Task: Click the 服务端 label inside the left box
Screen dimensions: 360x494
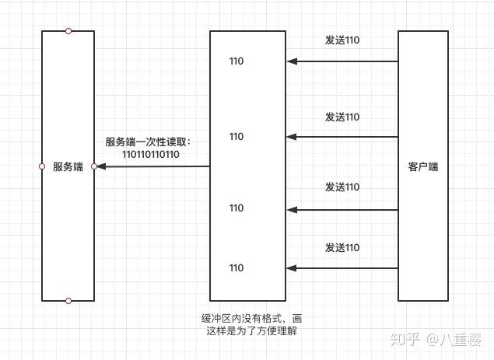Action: (68, 166)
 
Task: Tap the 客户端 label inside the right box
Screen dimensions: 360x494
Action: (422, 166)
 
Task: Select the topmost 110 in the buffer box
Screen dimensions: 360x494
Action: (236, 61)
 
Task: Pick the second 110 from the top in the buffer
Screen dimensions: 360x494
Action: (236, 137)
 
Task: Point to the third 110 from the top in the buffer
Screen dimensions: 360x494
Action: (236, 208)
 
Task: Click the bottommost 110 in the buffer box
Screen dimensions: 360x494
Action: (236, 267)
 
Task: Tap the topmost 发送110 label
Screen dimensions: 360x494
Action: (342, 40)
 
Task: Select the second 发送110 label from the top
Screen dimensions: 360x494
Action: (342, 117)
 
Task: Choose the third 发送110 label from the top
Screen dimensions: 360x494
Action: (342, 187)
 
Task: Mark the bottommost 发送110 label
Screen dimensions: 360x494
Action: (342, 247)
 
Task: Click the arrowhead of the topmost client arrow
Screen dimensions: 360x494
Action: (292, 61)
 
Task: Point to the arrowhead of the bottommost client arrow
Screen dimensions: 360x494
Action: (292, 268)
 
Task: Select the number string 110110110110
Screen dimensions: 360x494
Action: (151, 155)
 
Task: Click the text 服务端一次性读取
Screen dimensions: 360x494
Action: (148, 142)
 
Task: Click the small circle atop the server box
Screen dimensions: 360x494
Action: (68, 31)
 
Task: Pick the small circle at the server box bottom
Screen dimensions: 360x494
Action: (68, 300)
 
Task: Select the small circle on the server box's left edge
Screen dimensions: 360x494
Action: (42, 166)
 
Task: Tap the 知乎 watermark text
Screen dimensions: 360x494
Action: (405, 339)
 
